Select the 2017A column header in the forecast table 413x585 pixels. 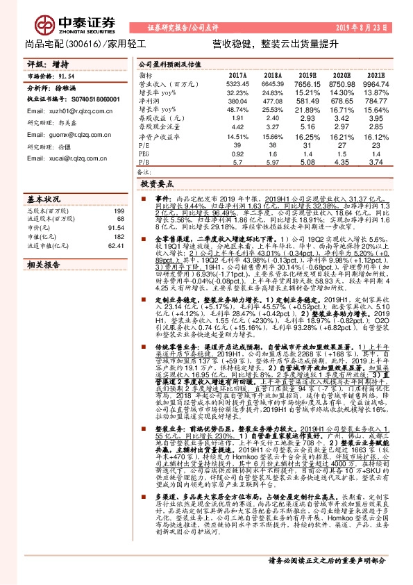tap(237, 74)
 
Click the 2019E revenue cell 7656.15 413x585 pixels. tap(305, 83)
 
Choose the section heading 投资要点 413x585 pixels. tap(156, 185)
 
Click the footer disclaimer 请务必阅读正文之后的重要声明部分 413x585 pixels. tap(327, 577)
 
